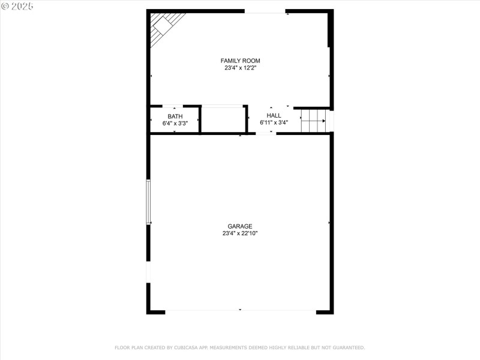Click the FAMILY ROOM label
tap(241, 61)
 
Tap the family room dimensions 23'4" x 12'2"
tap(241, 68)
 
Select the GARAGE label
tap(240, 226)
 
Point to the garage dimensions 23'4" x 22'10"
tap(240, 233)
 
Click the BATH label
tap(175, 116)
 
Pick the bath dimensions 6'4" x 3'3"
tap(175, 124)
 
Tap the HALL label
tap(274, 115)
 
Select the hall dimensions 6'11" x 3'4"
tap(274, 122)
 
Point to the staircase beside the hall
tap(313, 121)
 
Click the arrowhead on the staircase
tap(323, 121)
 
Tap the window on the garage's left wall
tap(148, 202)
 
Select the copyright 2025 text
tap(17, 6)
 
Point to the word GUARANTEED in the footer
tap(349, 347)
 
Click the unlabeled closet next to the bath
tap(223, 120)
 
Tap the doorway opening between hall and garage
tap(266, 133)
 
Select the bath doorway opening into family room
tap(173, 106)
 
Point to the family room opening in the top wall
tap(265, 11)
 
